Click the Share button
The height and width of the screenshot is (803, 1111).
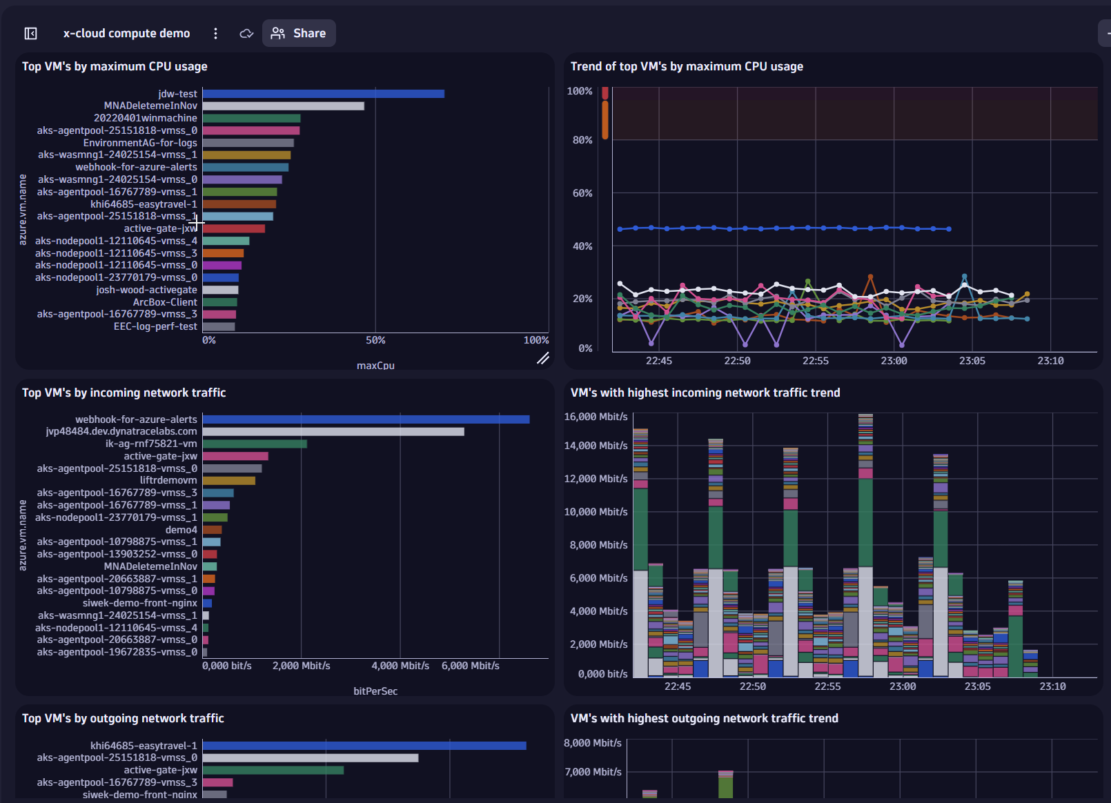click(299, 33)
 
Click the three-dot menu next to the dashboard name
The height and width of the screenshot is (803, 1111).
click(215, 33)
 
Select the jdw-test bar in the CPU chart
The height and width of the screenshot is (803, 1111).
click(323, 94)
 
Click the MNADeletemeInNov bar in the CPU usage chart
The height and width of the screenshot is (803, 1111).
click(283, 106)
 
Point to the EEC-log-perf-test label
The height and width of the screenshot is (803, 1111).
click(155, 326)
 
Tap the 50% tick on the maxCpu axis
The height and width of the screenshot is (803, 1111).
click(375, 340)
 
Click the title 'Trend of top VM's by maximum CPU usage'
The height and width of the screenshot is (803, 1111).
click(687, 66)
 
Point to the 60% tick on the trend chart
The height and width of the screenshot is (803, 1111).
click(582, 193)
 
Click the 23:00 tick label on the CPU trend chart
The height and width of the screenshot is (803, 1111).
click(894, 361)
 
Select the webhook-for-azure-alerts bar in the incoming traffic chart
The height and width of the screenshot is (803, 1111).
click(366, 419)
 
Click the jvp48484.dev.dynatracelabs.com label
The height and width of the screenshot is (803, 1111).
click(121, 431)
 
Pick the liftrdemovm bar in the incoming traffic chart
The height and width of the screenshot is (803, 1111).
click(228, 481)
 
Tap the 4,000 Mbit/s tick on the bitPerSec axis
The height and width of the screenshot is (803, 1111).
click(400, 666)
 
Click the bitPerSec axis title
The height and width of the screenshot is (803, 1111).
click(375, 691)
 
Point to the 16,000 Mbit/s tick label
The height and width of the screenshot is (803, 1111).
click(596, 417)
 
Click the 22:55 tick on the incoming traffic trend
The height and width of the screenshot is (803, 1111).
click(827, 686)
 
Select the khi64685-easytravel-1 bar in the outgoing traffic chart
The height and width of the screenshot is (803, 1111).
click(364, 746)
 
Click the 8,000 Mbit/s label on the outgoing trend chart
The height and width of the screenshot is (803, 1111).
click(592, 743)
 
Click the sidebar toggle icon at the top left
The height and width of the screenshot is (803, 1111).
click(30, 33)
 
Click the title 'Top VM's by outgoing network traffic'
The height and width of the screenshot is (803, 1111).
click(123, 718)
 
